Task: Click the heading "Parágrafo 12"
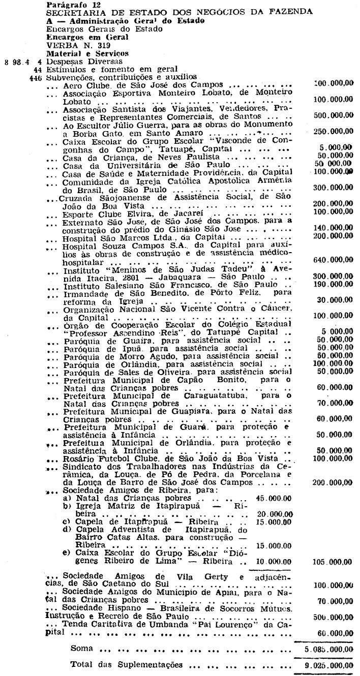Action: (66, 5)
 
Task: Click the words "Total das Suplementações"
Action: (127, 665)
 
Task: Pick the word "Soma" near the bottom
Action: (81, 649)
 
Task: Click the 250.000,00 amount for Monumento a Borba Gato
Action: (334, 132)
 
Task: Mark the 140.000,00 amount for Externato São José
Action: (334, 229)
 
